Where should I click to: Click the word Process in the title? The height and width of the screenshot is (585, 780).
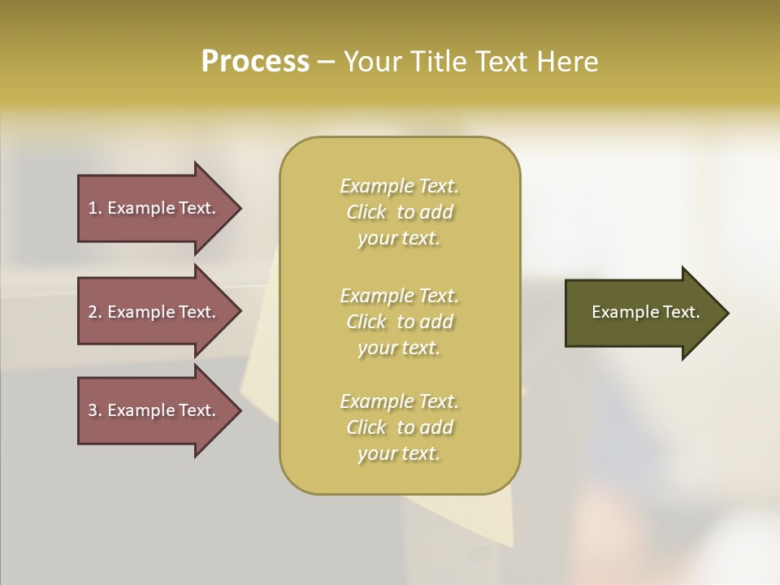[x=255, y=62]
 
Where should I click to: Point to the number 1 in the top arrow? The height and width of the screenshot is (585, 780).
[x=93, y=208]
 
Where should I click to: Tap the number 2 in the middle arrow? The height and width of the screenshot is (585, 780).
[x=93, y=312]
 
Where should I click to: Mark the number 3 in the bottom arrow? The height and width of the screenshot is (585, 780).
[x=93, y=410]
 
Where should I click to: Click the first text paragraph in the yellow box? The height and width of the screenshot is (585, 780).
[x=399, y=212]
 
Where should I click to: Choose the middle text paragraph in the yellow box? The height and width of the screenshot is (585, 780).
[x=399, y=321]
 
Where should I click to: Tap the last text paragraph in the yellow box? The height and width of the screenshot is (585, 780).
[x=399, y=427]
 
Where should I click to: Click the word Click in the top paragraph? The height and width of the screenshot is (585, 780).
[x=366, y=212]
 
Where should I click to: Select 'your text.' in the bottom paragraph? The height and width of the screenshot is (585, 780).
[x=399, y=453]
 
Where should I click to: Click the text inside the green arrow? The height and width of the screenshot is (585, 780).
[x=645, y=312]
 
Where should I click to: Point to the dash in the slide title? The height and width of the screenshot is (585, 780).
[x=326, y=63]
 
